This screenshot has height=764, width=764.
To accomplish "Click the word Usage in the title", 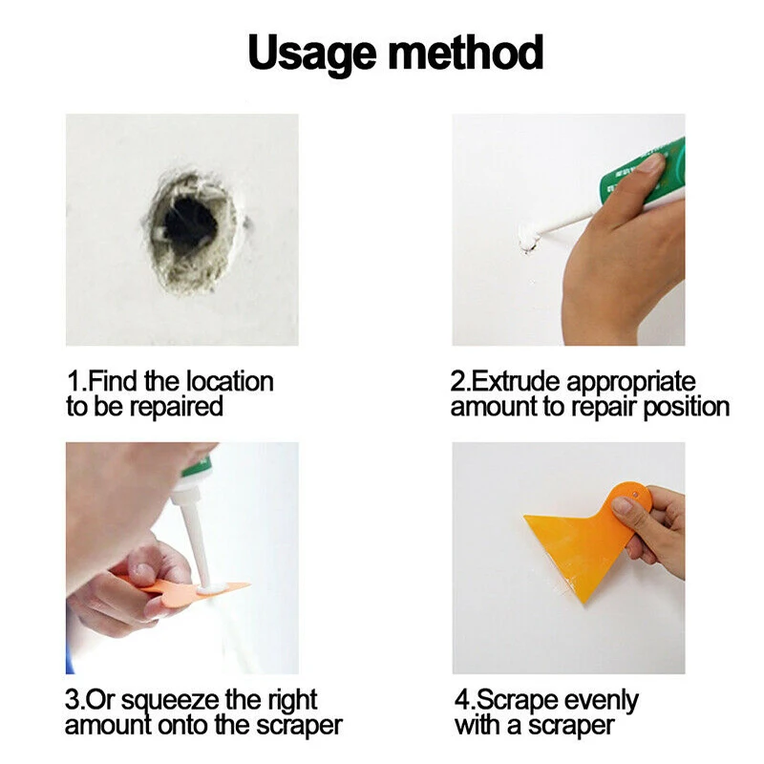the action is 312,53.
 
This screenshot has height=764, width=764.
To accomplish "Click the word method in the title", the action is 466,53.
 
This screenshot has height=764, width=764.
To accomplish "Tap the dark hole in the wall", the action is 189,225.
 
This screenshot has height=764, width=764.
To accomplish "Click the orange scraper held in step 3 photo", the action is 190,587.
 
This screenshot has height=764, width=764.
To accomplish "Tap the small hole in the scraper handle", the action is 635,495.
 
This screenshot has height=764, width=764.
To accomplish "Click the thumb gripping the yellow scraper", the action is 627,507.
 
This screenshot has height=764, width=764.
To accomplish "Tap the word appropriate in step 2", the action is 631,382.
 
